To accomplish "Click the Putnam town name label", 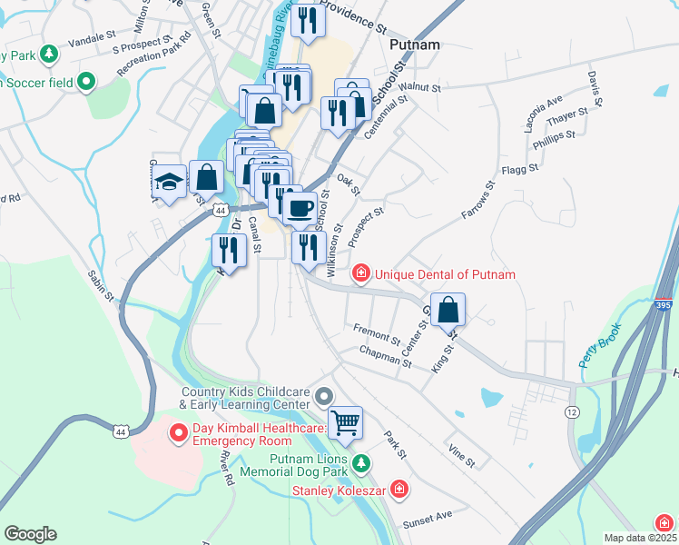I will (x=414, y=44).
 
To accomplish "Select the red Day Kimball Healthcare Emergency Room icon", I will (x=178, y=431).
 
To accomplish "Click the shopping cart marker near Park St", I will (x=344, y=421).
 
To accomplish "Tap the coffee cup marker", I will (x=300, y=208).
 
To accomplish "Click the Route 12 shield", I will (x=571, y=412).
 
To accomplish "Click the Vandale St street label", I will (x=88, y=40).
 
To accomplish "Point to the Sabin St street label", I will (x=102, y=282).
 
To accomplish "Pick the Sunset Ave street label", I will (x=427, y=515).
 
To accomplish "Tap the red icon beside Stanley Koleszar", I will (x=399, y=490).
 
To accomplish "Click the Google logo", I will (x=30, y=534).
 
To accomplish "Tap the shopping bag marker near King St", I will (x=448, y=310).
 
